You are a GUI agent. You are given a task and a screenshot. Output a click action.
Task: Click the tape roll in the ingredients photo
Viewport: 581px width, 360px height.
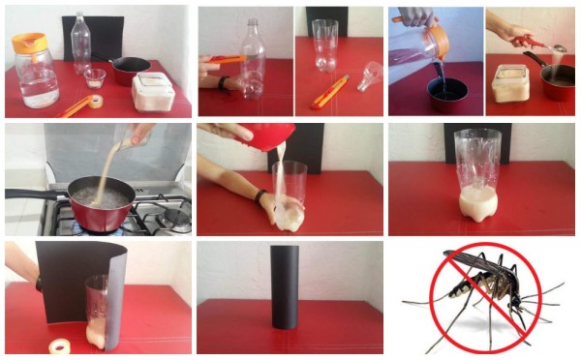pos(95,101)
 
